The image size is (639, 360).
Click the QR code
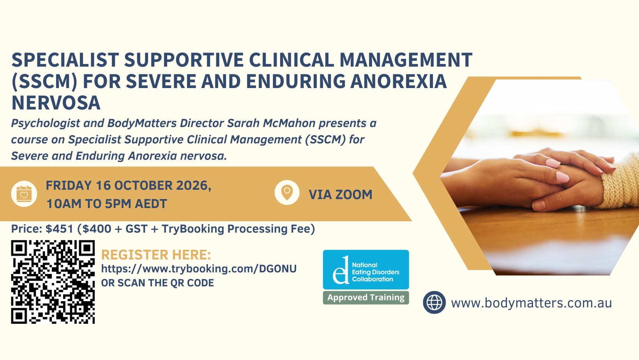pos(53,282)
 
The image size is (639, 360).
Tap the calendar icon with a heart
pos(24,194)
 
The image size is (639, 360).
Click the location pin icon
pos(287,192)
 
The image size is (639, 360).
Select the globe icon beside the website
pos(434,302)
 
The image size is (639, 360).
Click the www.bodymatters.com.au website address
pos(531,303)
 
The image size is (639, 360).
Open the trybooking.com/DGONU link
pos(199,269)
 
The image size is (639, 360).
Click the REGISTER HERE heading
pos(156,255)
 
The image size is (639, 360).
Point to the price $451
pos(59,229)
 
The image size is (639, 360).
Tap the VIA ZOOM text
pos(340,194)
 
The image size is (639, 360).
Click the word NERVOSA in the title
pos(56,103)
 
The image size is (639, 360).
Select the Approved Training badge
pos(366,298)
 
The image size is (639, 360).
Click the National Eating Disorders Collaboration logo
pos(366,270)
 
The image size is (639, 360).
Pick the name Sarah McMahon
pos(271,123)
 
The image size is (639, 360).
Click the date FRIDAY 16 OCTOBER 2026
pos(128,186)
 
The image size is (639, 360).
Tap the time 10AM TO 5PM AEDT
pos(106,204)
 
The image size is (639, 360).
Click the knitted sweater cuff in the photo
pos(620,183)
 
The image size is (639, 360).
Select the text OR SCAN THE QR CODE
pos(157,283)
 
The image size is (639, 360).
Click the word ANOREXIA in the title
pos(399,81)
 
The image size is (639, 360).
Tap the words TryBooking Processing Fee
pos(238,229)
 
